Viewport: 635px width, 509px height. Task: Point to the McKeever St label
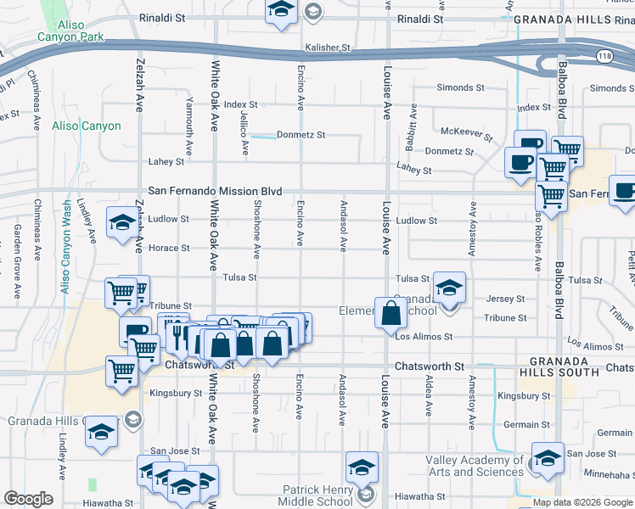point(467,131)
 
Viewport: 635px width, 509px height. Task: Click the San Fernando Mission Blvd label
point(215,193)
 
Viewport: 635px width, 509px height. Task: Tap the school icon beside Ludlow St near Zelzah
point(121,223)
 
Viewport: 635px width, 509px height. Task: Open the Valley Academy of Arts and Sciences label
point(475,466)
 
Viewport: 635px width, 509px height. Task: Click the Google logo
point(28,499)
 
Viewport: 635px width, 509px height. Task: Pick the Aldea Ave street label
point(429,398)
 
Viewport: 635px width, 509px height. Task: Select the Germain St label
point(520,424)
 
